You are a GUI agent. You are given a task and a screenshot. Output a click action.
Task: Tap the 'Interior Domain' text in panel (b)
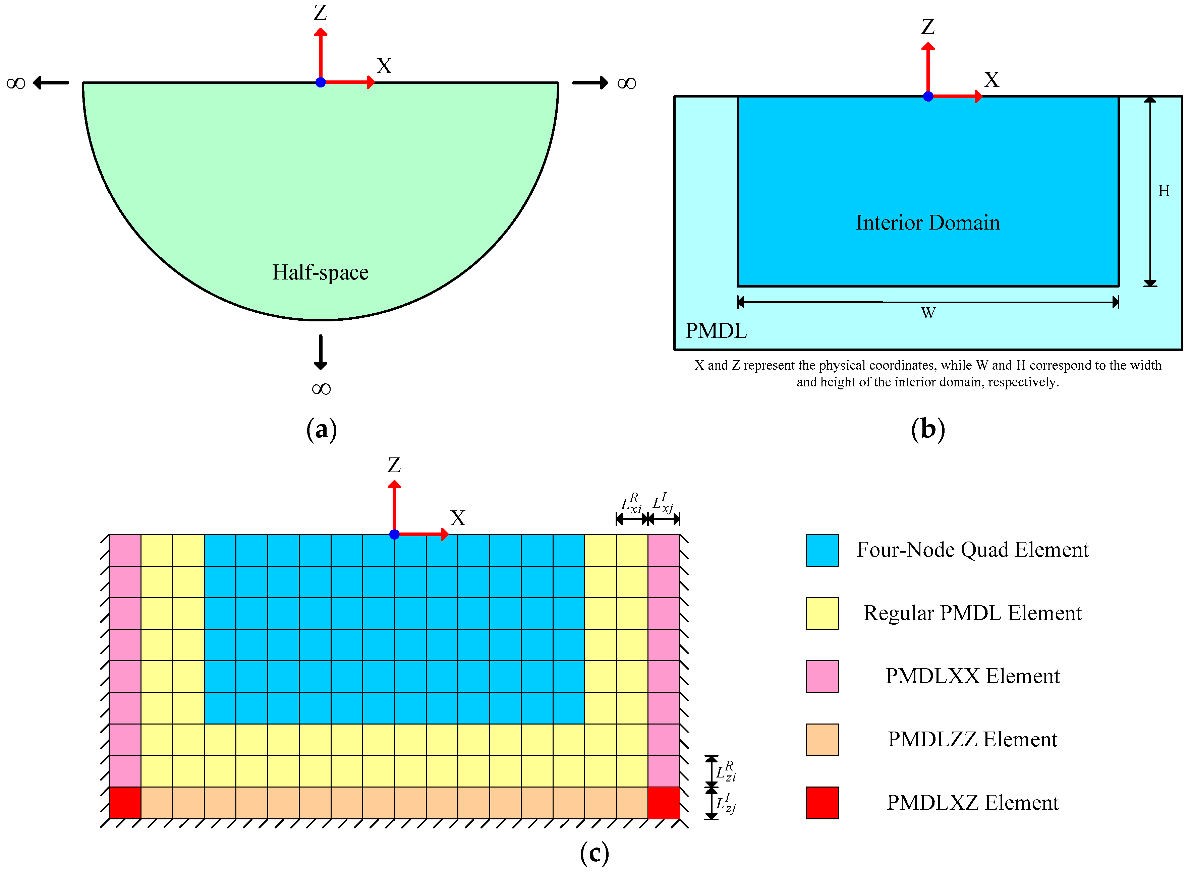click(927, 223)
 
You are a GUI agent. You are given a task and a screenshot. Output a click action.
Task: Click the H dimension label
click(1164, 191)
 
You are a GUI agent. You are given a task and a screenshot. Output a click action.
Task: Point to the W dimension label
click(928, 313)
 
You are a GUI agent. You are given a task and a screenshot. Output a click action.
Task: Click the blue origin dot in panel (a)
click(321, 83)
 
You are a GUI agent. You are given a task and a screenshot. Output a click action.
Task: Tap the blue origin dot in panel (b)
click(928, 97)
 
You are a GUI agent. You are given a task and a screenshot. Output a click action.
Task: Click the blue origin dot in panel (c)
click(394, 535)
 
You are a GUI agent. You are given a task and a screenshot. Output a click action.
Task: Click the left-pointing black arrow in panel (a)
click(51, 83)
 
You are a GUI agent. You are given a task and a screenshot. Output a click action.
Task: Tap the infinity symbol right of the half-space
click(627, 83)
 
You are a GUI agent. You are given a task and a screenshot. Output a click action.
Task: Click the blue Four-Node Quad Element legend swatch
click(822, 550)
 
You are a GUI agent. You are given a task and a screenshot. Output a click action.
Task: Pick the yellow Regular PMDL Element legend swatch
click(822, 614)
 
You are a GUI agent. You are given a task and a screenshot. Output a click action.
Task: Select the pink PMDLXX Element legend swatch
click(822, 677)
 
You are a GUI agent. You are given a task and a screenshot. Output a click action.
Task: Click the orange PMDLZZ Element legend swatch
click(822, 740)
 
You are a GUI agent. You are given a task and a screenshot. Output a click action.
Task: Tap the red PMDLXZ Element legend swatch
click(822, 803)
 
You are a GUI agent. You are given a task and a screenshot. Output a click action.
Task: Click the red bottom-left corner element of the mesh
click(125, 803)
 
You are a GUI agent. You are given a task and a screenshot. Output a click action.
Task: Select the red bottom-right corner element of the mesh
click(664, 803)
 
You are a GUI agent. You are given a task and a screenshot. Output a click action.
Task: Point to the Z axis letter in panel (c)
click(394, 465)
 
